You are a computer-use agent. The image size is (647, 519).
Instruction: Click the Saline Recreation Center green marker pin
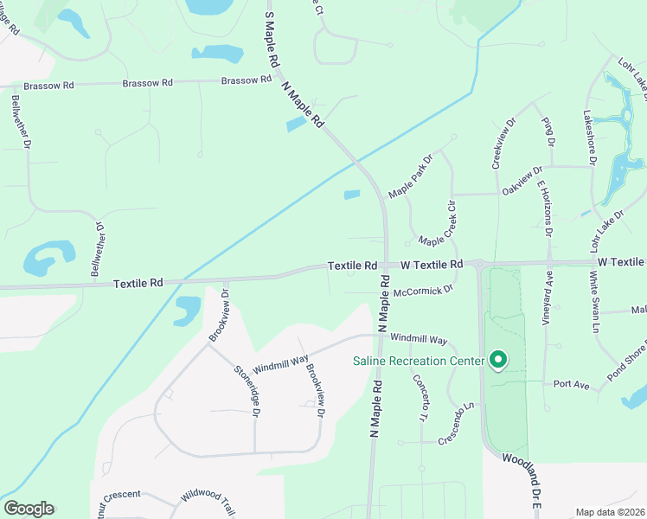498,359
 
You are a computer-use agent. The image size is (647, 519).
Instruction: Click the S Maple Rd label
272,41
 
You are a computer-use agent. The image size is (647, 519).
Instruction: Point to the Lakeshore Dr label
589,137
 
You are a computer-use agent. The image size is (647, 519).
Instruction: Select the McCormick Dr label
423,292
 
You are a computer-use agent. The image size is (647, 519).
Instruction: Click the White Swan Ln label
594,301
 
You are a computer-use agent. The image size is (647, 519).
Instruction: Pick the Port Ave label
571,383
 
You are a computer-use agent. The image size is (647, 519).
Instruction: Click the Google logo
29,509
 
